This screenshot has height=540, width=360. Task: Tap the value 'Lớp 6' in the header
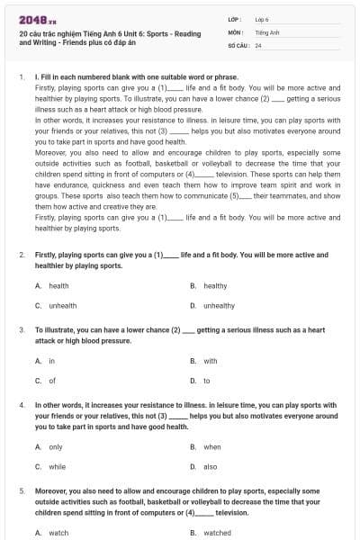click(x=262, y=18)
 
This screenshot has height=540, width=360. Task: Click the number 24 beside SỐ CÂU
click(x=258, y=45)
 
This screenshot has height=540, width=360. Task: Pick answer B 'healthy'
click(x=214, y=286)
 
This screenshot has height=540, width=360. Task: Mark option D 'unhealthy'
click(x=218, y=306)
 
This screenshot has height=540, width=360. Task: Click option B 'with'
click(x=210, y=361)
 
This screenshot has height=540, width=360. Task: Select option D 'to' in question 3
click(x=206, y=381)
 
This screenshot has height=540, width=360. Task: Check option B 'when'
click(x=211, y=446)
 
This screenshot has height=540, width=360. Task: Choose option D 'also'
click(x=210, y=466)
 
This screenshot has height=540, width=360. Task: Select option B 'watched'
click(x=217, y=533)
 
